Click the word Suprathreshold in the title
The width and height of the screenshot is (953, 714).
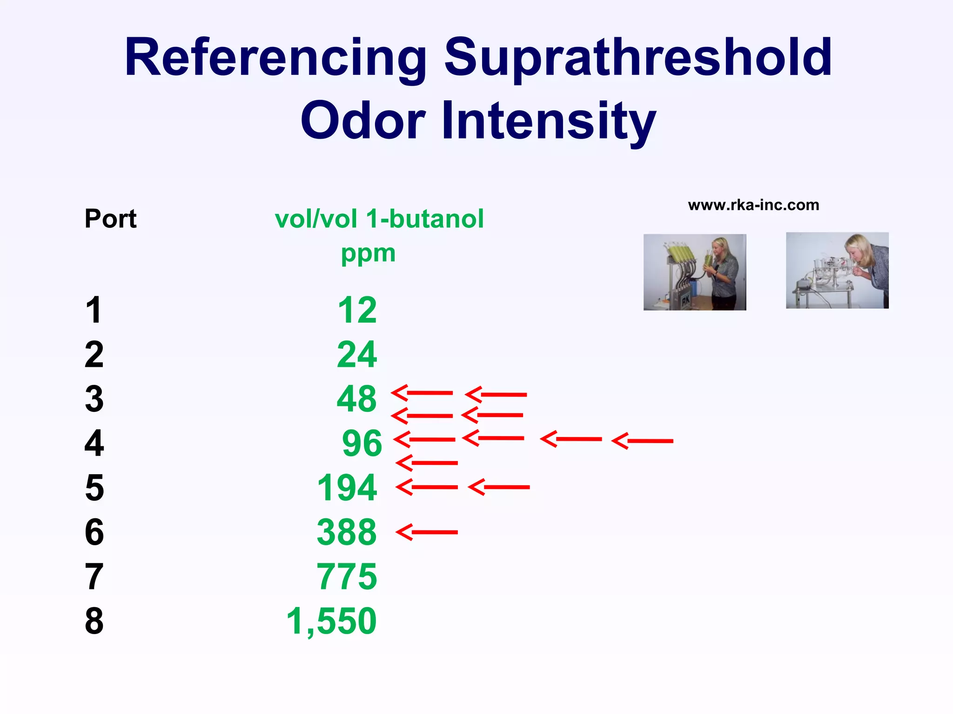638,58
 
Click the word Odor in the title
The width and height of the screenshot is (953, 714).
363,121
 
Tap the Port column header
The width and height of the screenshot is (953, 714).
110,218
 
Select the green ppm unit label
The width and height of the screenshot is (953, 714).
368,254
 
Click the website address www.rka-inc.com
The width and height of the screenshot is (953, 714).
753,205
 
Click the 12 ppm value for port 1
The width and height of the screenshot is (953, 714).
357,310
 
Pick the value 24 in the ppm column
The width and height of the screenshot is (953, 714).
357,355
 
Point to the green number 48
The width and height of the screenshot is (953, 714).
356,399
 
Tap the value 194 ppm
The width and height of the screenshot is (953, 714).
347,488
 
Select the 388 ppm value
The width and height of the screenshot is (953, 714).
347,532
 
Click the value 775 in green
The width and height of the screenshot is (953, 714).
347,577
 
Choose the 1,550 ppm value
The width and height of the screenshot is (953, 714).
331,621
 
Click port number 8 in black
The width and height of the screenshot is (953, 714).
94,621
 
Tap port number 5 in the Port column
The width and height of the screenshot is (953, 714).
94,488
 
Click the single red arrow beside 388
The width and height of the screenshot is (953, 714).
427,532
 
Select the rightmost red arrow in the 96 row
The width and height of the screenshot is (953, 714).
642,441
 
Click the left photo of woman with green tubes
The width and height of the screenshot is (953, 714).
695,272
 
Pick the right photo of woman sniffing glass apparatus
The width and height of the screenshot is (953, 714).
837,271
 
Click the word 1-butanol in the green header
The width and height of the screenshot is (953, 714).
425,218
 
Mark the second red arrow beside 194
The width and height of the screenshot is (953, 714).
499,487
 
